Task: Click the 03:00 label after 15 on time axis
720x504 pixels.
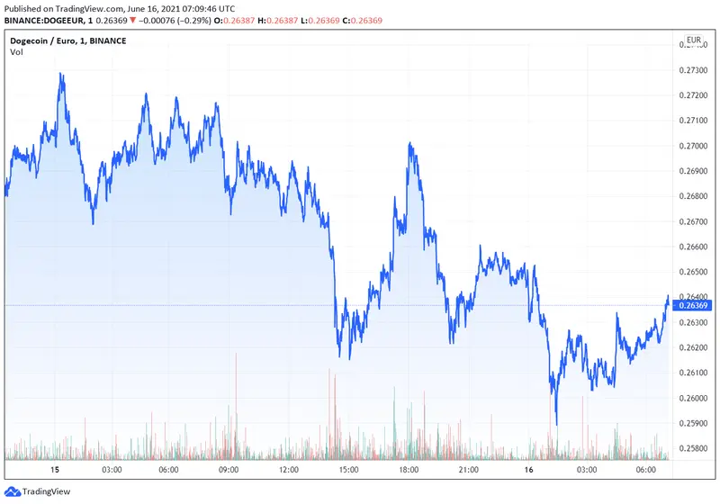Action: coord(112,470)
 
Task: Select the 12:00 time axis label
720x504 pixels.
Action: coord(289,470)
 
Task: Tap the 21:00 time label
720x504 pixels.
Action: coord(467,470)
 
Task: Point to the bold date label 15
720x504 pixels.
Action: coord(55,470)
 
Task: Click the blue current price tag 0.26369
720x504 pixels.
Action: coord(692,306)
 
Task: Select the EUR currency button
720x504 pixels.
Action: coord(694,40)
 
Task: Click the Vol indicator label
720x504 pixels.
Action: coord(16,52)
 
